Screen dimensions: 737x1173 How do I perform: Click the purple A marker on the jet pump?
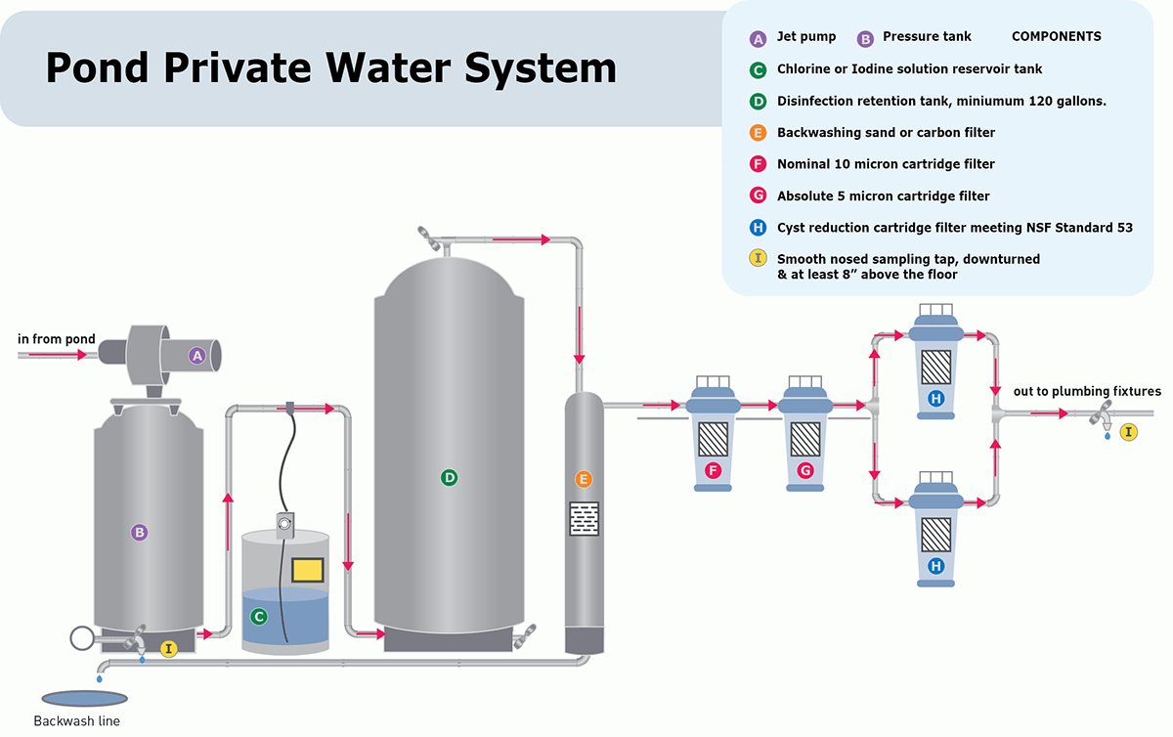(196, 356)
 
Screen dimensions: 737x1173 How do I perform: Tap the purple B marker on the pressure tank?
(139, 533)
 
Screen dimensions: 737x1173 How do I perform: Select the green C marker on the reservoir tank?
(259, 617)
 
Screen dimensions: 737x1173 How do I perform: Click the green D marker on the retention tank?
(449, 478)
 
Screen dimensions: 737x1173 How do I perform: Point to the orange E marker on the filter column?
(584, 479)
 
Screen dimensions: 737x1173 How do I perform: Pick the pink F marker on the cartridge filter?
(713, 471)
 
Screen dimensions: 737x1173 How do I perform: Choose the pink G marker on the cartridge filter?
(805, 471)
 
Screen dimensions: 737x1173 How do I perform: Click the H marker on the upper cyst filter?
(936, 398)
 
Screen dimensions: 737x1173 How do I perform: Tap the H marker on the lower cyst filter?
(936, 566)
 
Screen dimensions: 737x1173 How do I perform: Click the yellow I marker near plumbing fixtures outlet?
(1129, 431)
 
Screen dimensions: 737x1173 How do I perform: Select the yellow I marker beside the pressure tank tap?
(168, 648)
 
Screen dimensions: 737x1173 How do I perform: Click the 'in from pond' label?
(57, 339)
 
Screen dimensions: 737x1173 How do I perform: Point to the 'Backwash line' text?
(76, 721)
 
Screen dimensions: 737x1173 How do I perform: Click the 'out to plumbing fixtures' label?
(1087, 391)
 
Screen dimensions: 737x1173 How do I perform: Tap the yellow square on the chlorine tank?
(307, 569)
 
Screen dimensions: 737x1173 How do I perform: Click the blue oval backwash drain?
(84, 698)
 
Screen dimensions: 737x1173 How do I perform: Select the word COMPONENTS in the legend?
(1056, 36)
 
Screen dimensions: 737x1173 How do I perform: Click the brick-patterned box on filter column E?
(584, 518)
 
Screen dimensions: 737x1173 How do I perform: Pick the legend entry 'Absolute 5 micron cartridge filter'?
(883, 195)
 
